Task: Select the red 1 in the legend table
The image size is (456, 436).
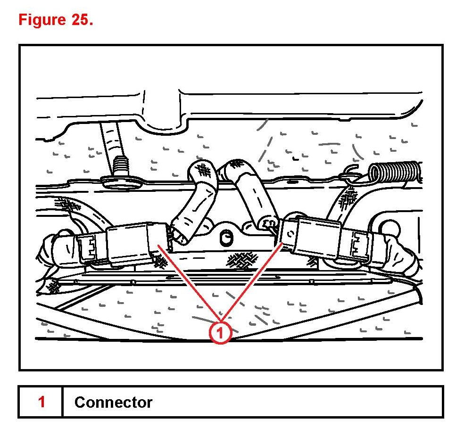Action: [x=41, y=402]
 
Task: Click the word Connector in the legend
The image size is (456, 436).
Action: [x=113, y=402]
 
